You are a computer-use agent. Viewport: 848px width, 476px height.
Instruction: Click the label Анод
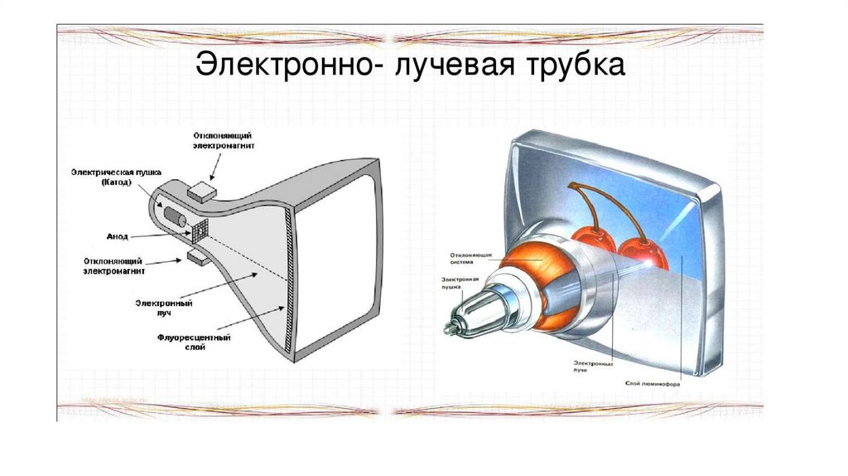pyautogui.click(x=118, y=236)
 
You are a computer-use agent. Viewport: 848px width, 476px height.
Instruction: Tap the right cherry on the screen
pyautogui.click(x=640, y=252)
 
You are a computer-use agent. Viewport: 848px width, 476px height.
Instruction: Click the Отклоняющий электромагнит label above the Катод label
pyautogui.click(x=223, y=140)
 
